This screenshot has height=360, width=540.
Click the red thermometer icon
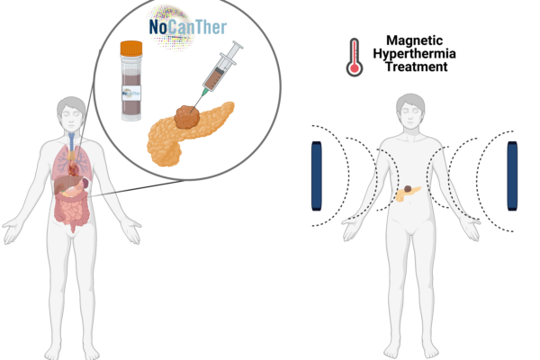pos(355,58)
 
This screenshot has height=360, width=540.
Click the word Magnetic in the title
pos(414,40)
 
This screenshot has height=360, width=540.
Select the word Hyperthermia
pos(414,54)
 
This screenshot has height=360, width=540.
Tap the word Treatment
pos(416,67)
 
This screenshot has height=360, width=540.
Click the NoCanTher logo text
pos(188,27)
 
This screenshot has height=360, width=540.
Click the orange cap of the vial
pos(131,49)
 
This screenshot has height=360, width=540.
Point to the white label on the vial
pos(131,94)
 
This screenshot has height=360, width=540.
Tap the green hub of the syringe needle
pos(205,92)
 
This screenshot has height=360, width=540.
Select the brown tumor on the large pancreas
pos(187,117)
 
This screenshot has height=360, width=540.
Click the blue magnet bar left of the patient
pos(317,175)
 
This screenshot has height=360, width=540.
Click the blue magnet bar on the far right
pos(512,175)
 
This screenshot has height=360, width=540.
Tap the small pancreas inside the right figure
pos(408,193)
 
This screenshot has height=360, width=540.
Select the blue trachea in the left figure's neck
pos(72,142)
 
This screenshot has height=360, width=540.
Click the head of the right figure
pos(409,110)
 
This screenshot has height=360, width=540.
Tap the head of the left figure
pos(71,113)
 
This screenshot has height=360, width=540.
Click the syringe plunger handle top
pos(238,45)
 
